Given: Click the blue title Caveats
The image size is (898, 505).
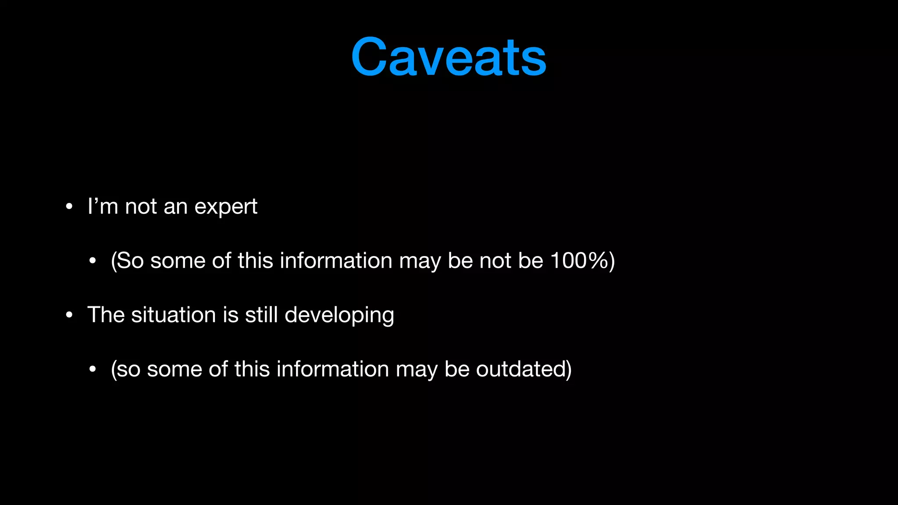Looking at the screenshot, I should pos(449,57).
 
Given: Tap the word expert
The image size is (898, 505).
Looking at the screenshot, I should pos(226,206).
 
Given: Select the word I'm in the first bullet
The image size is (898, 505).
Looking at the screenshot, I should pos(103,206).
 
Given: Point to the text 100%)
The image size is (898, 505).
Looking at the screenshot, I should pos(582,261).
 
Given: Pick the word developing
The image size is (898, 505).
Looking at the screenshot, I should pos(339,316).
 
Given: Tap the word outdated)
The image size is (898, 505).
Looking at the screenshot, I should pos(524,369).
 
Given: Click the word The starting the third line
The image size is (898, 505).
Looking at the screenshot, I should pos(106,315).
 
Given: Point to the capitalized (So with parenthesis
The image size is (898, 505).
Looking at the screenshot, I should pos(127,261).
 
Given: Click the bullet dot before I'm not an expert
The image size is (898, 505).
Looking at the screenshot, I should pos(69,206).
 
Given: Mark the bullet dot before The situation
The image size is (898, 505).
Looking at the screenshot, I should pos(69,315).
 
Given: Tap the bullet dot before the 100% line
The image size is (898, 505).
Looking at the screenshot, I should pos(92,261).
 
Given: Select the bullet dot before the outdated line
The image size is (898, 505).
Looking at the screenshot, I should pos(92,369).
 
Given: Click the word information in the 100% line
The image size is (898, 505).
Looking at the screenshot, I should pos(336,261).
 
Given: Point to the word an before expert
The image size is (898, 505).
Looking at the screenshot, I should pos(175,206).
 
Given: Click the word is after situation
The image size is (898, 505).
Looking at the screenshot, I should pos(231,315).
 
